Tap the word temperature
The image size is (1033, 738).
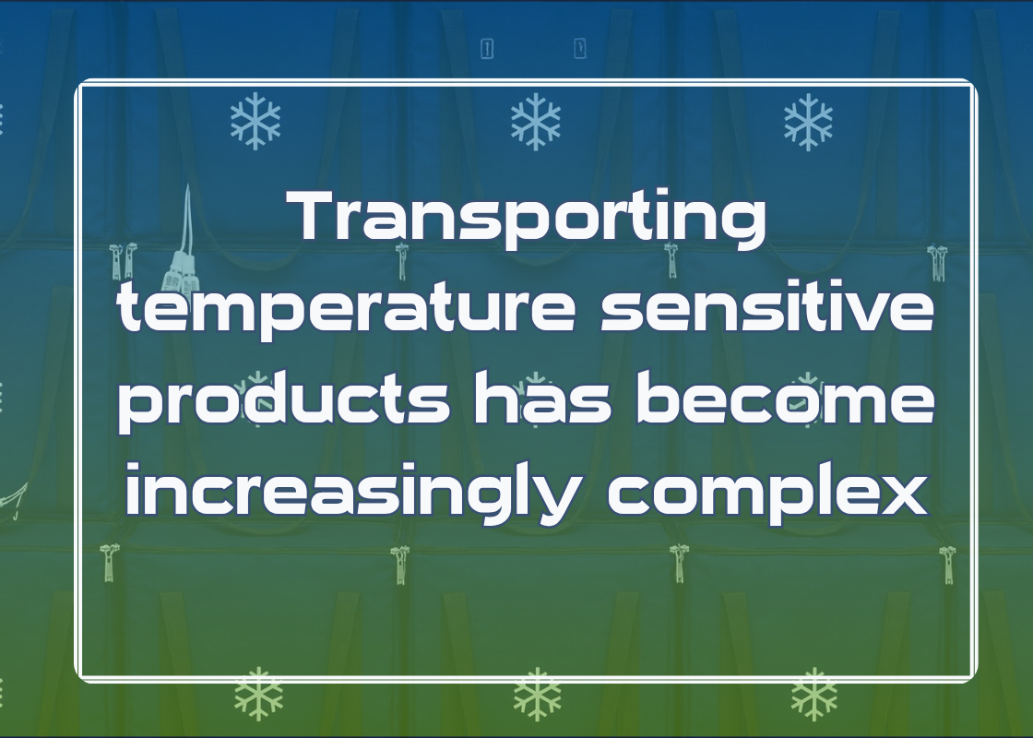point(347,311)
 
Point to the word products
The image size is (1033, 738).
point(285,402)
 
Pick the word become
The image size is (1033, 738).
point(785,398)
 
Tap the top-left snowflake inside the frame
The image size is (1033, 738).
point(255,121)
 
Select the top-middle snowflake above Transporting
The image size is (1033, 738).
point(536,121)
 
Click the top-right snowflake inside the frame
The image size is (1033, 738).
point(808,122)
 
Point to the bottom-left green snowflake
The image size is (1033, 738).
point(259,694)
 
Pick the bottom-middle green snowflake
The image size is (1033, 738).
point(538,694)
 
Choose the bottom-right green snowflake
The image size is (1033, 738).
point(814,694)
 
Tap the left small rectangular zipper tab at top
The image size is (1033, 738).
point(488,48)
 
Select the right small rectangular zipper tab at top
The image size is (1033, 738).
point(580,48)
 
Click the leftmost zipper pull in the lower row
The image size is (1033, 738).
point(110,562)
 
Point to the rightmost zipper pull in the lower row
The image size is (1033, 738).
point(947,565)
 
